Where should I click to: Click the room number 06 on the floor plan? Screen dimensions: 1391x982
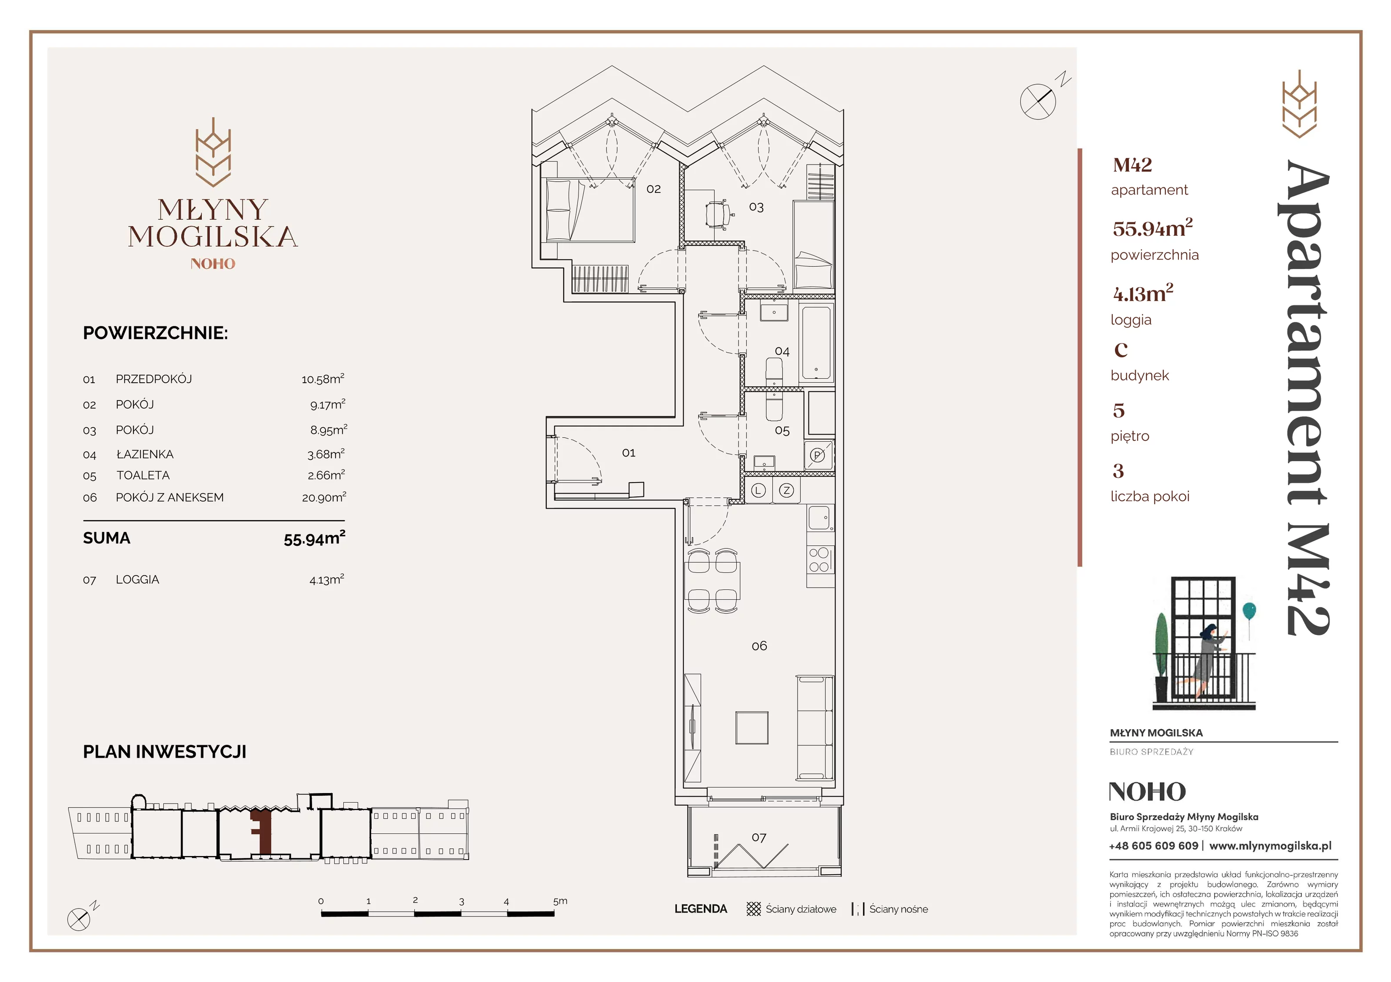pos(759,646)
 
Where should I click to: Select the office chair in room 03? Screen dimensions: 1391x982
pos(718,214)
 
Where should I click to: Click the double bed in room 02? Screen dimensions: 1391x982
pos(589,209)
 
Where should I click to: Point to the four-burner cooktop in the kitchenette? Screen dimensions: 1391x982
pos(820,560)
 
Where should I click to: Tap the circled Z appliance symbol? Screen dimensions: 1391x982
pos(786,490)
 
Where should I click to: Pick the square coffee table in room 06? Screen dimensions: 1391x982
pos(752,727)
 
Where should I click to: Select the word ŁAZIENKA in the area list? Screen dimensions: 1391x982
pos(145,454)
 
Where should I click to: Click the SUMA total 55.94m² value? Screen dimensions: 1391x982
pos(314,538)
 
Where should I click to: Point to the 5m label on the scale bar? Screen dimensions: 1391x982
pos(560,901)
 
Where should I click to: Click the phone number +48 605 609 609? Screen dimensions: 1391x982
pos(1154,846)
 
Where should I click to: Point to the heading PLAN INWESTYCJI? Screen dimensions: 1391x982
pos(165,751)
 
